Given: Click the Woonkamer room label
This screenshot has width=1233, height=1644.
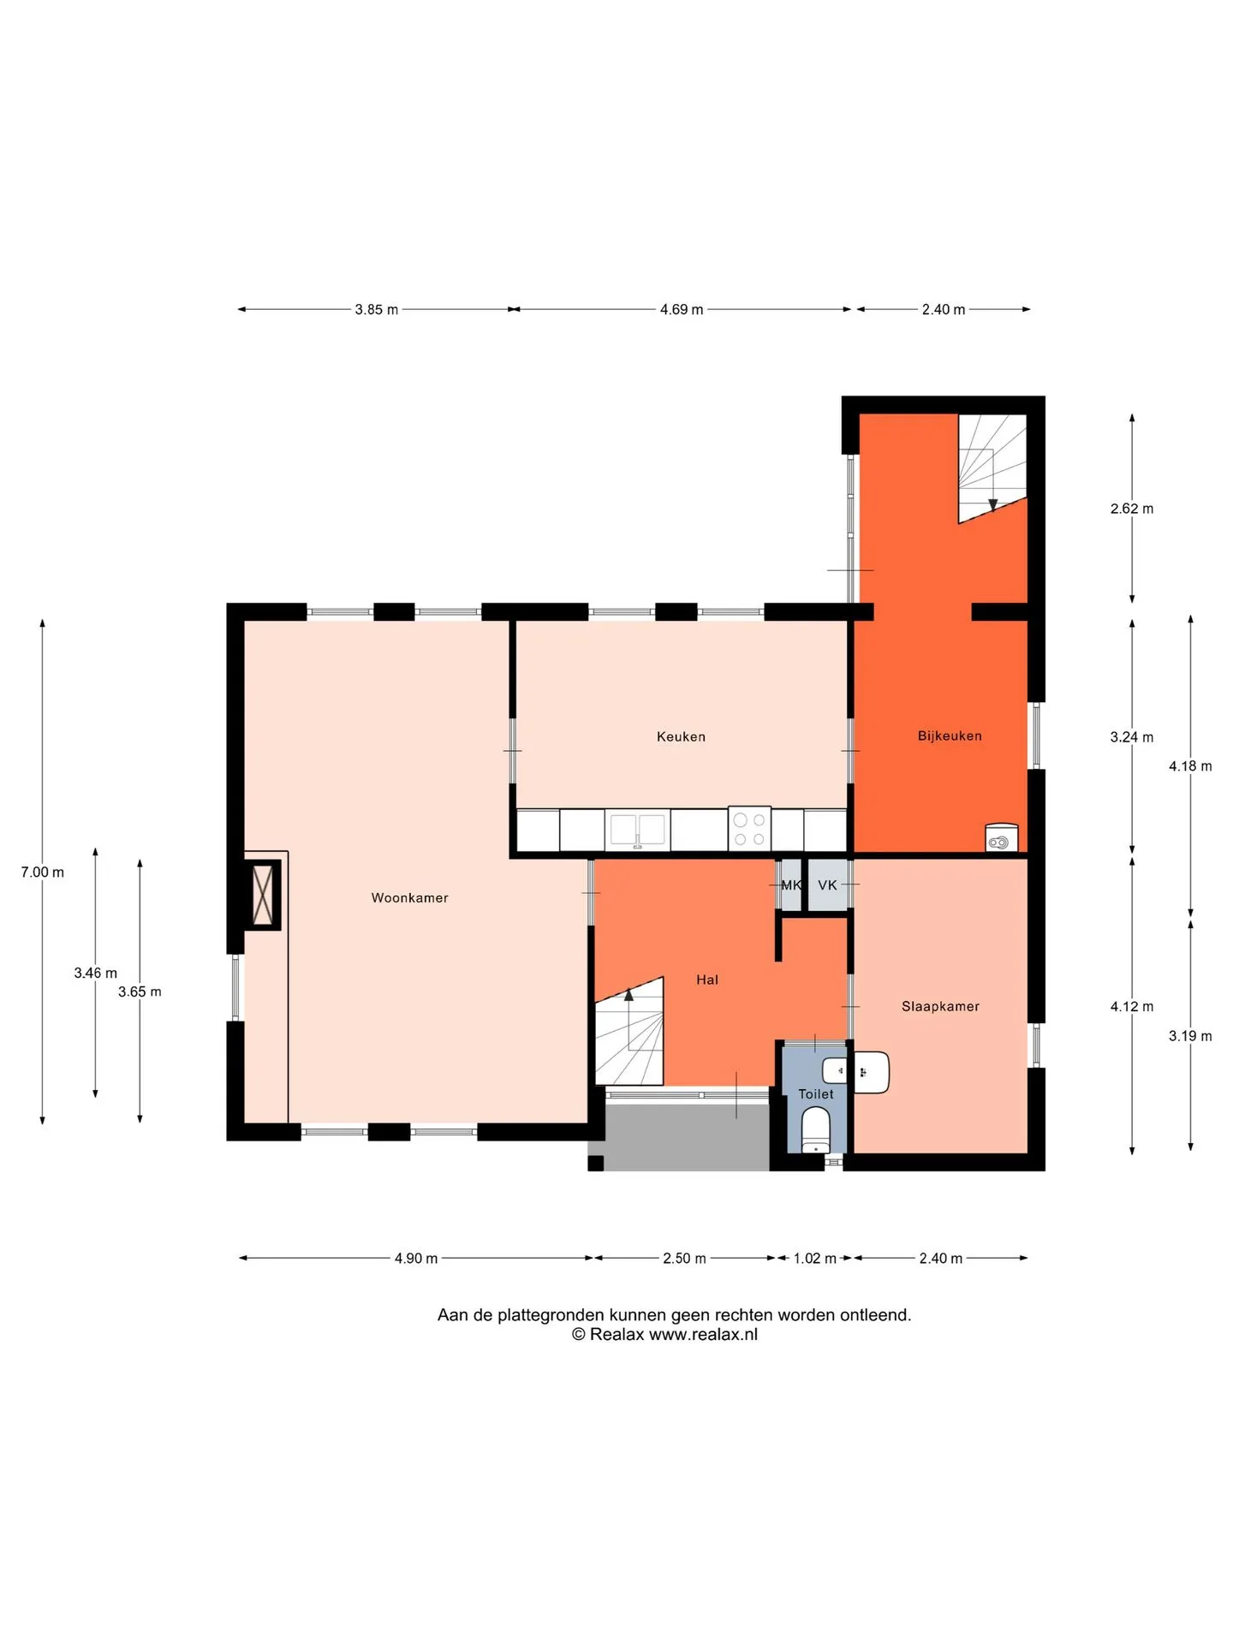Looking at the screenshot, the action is point(409,897).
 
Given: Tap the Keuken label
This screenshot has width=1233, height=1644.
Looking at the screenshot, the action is point(681,736).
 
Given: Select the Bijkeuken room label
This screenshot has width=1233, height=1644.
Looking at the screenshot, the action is point(950,736).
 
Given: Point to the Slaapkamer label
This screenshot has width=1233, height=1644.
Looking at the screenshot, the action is point(940,1006).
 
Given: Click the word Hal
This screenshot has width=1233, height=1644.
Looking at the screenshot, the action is point(707,980).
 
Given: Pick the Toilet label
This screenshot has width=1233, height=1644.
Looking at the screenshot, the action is point(815,1093).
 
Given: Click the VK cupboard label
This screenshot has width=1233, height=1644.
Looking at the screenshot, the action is point(827,885).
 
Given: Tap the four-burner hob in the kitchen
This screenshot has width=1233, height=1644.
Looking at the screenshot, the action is point(749,829).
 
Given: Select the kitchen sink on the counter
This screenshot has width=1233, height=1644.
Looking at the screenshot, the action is point(637,830).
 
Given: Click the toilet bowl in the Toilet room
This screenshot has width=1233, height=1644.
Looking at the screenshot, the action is point(815,1130).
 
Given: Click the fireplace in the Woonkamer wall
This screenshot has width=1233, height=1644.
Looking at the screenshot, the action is point(263,894).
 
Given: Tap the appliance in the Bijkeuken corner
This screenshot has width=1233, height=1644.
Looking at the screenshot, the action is point(1001,837).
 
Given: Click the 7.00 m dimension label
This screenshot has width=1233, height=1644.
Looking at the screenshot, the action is point(43,872).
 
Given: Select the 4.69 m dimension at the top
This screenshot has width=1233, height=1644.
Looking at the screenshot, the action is point(682,309).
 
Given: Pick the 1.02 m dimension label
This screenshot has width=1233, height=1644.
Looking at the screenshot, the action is point(814,1258).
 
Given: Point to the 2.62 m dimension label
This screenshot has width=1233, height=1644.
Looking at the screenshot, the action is point(1132,509).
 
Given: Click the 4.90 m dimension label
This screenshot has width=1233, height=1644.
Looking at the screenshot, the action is point(416,1258).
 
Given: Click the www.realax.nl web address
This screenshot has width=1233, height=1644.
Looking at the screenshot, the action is point(703,1334).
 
